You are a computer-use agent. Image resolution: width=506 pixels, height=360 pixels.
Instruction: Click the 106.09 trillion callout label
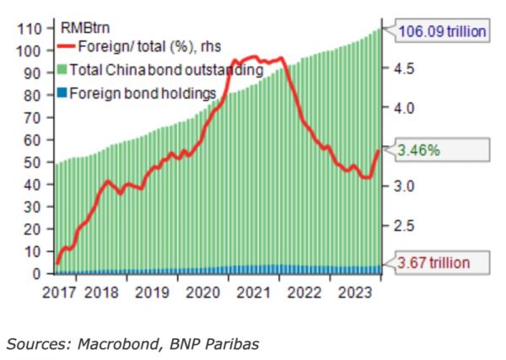443,32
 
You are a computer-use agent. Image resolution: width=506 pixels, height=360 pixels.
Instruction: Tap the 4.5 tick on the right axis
401,69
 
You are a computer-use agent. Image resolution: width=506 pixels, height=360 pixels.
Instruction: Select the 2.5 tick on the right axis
401,225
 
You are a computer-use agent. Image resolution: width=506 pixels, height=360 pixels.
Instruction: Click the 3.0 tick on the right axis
401,186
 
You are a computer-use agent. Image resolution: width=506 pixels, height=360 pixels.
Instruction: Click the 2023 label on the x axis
351,293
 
